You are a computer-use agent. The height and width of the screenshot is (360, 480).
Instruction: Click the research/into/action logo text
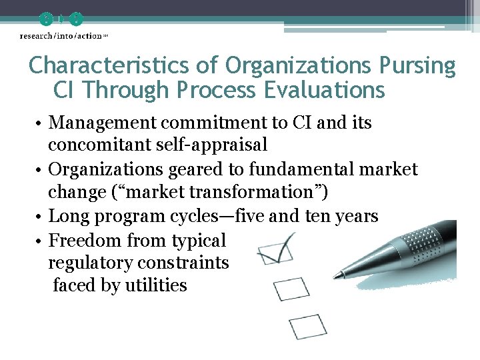pos(61,35)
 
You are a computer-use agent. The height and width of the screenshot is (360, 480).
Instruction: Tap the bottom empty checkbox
pos(308,326)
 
